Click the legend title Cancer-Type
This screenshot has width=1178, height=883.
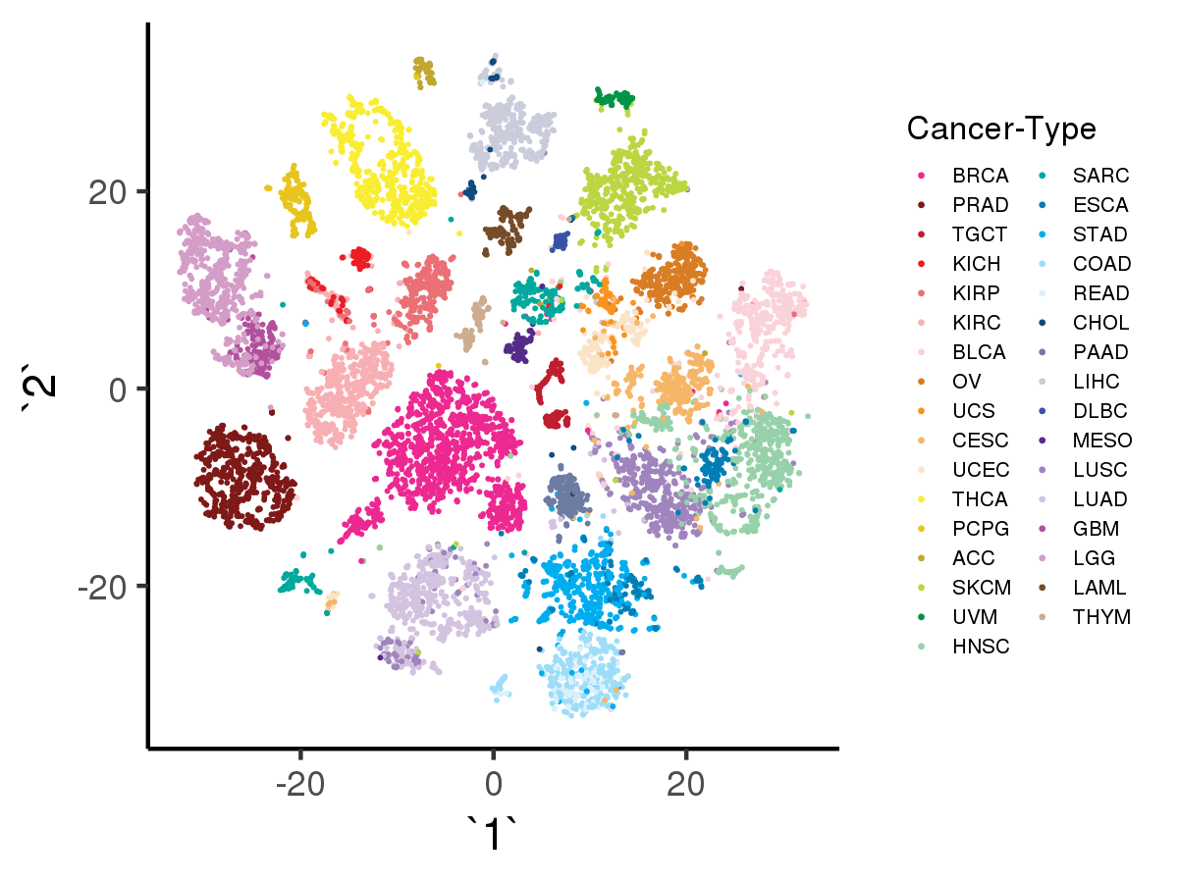[x=1001, y=129]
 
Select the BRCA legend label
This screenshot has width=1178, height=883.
[x=980, y=177]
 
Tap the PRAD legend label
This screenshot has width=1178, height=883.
[x=980, y=206]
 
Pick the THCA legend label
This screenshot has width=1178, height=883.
[x=980, y=499]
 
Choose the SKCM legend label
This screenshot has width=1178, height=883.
[x=981, y=588]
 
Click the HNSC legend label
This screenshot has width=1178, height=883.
[x=981, y=647]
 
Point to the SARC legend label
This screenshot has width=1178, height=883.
[x=1100, y=177]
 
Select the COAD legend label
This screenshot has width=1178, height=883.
[x=1101, y=265]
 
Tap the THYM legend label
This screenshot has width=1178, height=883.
[x=1101, y=617]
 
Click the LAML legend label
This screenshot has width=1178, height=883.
[x=1099, y=588]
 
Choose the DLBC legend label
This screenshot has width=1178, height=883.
[x=1100, y=411]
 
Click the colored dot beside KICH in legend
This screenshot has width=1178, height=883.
[x=922, y=265]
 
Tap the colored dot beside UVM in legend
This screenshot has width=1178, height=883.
[x=922, y=617]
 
